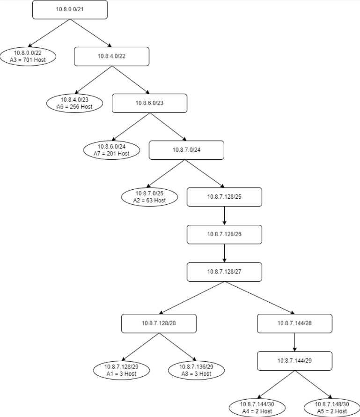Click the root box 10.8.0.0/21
70,9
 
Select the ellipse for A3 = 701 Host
28,56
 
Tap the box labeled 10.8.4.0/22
111,56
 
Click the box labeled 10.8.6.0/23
149,103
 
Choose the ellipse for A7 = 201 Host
111,150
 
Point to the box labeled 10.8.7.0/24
186,150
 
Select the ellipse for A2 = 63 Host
149,197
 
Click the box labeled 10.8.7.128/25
224,197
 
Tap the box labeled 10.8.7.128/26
224,234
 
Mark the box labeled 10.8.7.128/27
224,272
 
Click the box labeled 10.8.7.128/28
159,323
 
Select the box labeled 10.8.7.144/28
294,323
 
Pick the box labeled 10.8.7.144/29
294,361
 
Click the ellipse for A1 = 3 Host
121,370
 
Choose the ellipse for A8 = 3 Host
196,370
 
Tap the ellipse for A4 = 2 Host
257,408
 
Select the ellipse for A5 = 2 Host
332,408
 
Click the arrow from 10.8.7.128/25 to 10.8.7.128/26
224,216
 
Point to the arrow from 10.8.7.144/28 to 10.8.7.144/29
294,342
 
